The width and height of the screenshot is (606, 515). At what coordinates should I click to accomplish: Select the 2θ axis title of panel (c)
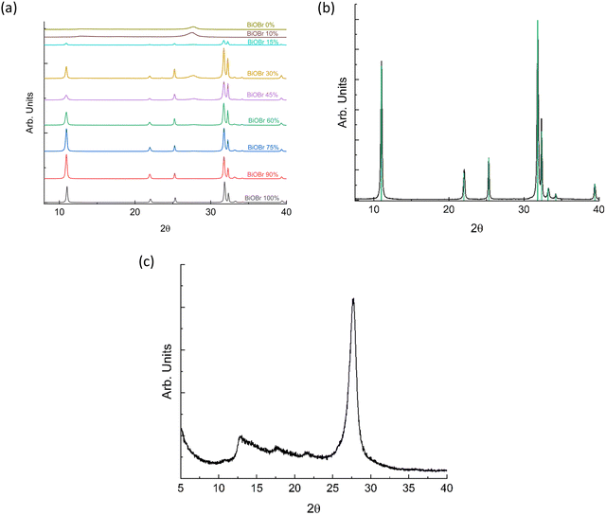[312, 506]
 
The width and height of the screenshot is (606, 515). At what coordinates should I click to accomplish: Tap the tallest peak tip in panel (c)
[353, 299]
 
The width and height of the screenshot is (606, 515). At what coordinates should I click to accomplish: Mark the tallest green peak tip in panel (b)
[538, 21]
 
